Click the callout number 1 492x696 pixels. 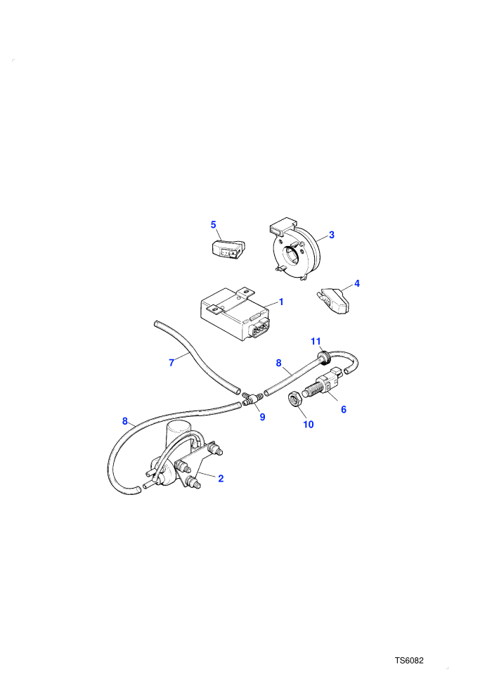click(281, 302)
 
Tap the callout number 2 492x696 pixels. click(221, 479)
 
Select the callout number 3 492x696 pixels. click(332, 235)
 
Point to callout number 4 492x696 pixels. click(356, 283)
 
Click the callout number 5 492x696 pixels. click(214, 224)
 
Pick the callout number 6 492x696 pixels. click(344, 409)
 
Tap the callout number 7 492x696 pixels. click(171, 363)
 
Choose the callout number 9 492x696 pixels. click(262, 417)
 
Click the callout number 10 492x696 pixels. click(309, 425)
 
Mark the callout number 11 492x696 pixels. click(316, 342)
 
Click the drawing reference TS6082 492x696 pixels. click(409, 660)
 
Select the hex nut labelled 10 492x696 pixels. click(295, 399)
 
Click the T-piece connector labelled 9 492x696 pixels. click(252, 397)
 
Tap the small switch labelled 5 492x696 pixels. click(227, 249)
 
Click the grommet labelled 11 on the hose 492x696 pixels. click(325, 357)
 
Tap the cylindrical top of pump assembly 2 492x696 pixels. click(179, 433)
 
